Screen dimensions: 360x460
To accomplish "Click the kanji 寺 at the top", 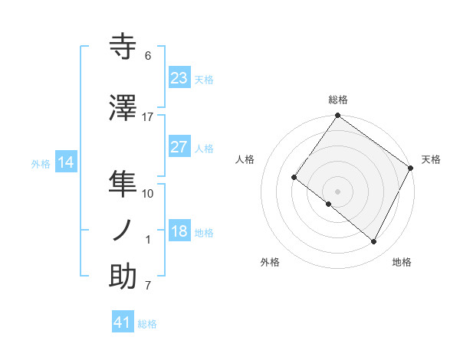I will tap(123, 47).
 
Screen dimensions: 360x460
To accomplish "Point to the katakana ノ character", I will tap(123, 231).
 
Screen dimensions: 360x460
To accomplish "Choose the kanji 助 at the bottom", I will tap(123, 277).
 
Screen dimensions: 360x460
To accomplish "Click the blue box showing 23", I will tap(179, 78).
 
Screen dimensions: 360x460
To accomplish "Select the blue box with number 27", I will tap(179, 147).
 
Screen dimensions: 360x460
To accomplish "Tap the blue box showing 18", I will tap(179, 231).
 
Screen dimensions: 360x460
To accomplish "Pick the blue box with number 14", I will tap(66, 162).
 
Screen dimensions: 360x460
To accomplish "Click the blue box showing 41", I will tap(123, 322).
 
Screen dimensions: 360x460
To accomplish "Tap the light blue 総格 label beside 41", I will tap(147, 324).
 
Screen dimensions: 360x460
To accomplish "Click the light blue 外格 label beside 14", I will tap(41, 163).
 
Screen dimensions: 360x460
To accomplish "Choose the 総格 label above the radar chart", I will tap(337, 100).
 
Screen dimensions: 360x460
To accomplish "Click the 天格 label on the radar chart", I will tap(431, 159).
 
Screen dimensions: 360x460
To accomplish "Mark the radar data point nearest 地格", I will tap(374, 242).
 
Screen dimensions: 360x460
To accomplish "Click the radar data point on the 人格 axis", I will tap(294, 178).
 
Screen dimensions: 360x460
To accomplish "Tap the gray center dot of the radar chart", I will tap(337, 191).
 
